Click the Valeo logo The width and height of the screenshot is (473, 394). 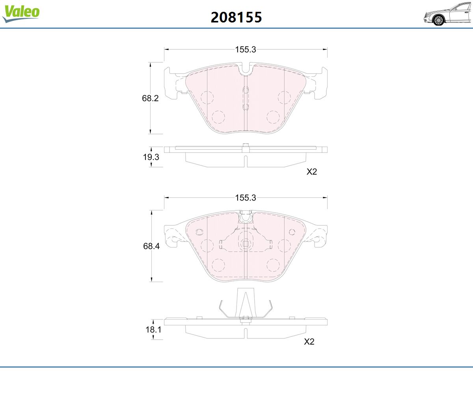(x=21, y=13)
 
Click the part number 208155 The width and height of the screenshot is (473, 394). (x=236, y=17)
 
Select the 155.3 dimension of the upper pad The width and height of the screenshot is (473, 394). (x=246, y=49)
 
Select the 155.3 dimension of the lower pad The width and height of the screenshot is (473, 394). (x=246, y=198)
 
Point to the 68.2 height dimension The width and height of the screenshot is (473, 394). (x=150, y=98)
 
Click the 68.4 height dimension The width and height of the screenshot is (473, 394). (x=151, y=246)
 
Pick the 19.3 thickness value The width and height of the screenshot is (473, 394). (x=151, y=157)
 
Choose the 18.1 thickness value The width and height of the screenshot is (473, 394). (x=153, y=329)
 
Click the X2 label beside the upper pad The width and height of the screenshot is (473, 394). (x=312, y=172)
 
